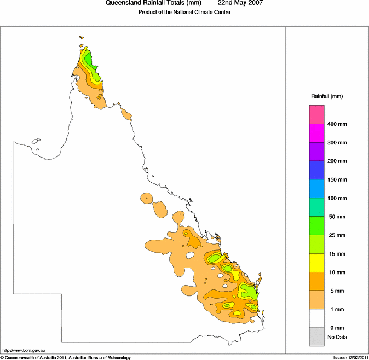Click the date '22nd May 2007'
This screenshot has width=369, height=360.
(x=240, y=3)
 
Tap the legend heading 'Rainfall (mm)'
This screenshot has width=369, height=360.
(x=327, y=96)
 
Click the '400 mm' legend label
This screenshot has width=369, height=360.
(x=337, y=124)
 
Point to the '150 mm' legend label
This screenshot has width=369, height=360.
(x=337, y=179)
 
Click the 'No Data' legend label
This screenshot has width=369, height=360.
(x=337, y=337)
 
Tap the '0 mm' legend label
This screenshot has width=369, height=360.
(x=336, y=327)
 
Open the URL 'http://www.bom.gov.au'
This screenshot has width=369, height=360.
(x=24, y=350)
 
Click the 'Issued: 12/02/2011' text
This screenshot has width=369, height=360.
(x=350, y=357)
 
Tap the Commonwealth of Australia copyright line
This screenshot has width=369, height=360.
(x=66, y=357)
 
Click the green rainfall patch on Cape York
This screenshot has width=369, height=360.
(x=92, y=68)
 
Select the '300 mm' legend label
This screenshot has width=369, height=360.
(x=337, y=143)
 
